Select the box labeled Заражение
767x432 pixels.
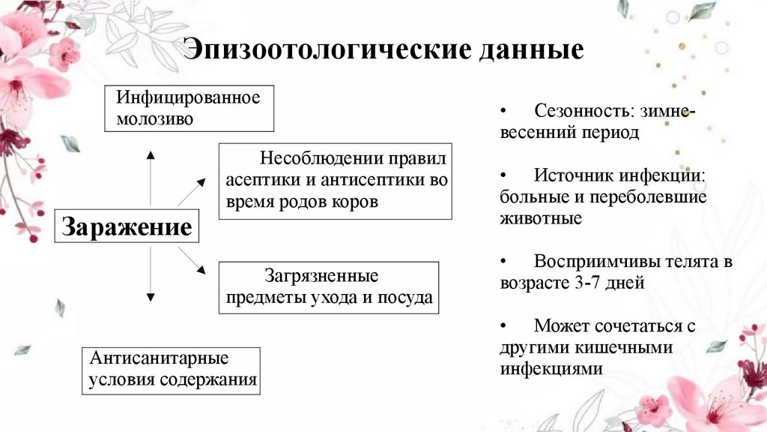127,227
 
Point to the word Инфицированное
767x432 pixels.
188,97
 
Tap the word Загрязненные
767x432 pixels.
322,275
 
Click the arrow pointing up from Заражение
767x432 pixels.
151,177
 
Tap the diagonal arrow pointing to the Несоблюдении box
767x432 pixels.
192,192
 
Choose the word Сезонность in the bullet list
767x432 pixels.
580,111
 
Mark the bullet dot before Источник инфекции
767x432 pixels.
504,175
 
